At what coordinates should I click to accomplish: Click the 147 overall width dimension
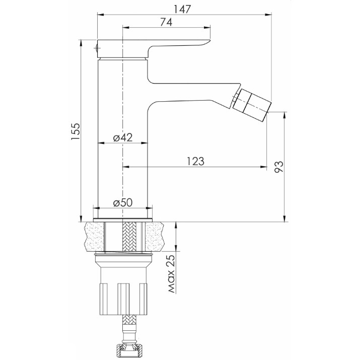tap(182, 9)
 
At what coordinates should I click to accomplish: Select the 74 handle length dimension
tap(166, 22)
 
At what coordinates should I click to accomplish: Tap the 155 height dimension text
tap(76, 131)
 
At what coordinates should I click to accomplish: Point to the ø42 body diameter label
tap(123, 137)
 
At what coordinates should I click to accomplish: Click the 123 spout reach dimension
tap(195, 161)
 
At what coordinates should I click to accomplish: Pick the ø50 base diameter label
tap(123, 203)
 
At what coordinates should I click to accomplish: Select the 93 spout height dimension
tap(279, 167)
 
